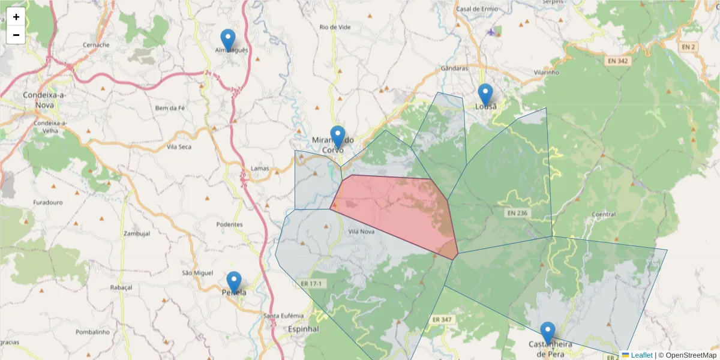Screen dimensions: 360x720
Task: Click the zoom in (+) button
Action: point(16,17)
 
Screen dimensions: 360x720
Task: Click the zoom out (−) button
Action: point(16,35)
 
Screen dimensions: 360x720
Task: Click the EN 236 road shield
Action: point(517,213)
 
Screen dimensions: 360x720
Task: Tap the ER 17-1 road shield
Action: point(311,283)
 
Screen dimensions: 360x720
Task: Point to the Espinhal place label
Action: point(304,329)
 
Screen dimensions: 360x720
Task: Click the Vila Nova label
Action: point(361,231)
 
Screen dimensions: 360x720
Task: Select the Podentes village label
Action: point(230,224)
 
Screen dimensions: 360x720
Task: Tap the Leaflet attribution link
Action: point(641,355)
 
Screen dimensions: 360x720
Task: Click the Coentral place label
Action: point(603,214)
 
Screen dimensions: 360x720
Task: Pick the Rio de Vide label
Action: point(335,28)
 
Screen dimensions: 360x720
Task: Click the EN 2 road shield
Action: point(688,47)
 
